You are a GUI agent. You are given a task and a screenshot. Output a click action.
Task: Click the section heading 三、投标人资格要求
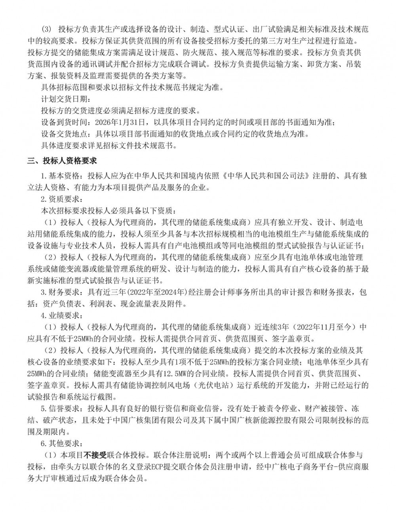tap(62, 161)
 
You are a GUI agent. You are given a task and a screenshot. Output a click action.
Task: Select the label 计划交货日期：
tap(63, 98)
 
